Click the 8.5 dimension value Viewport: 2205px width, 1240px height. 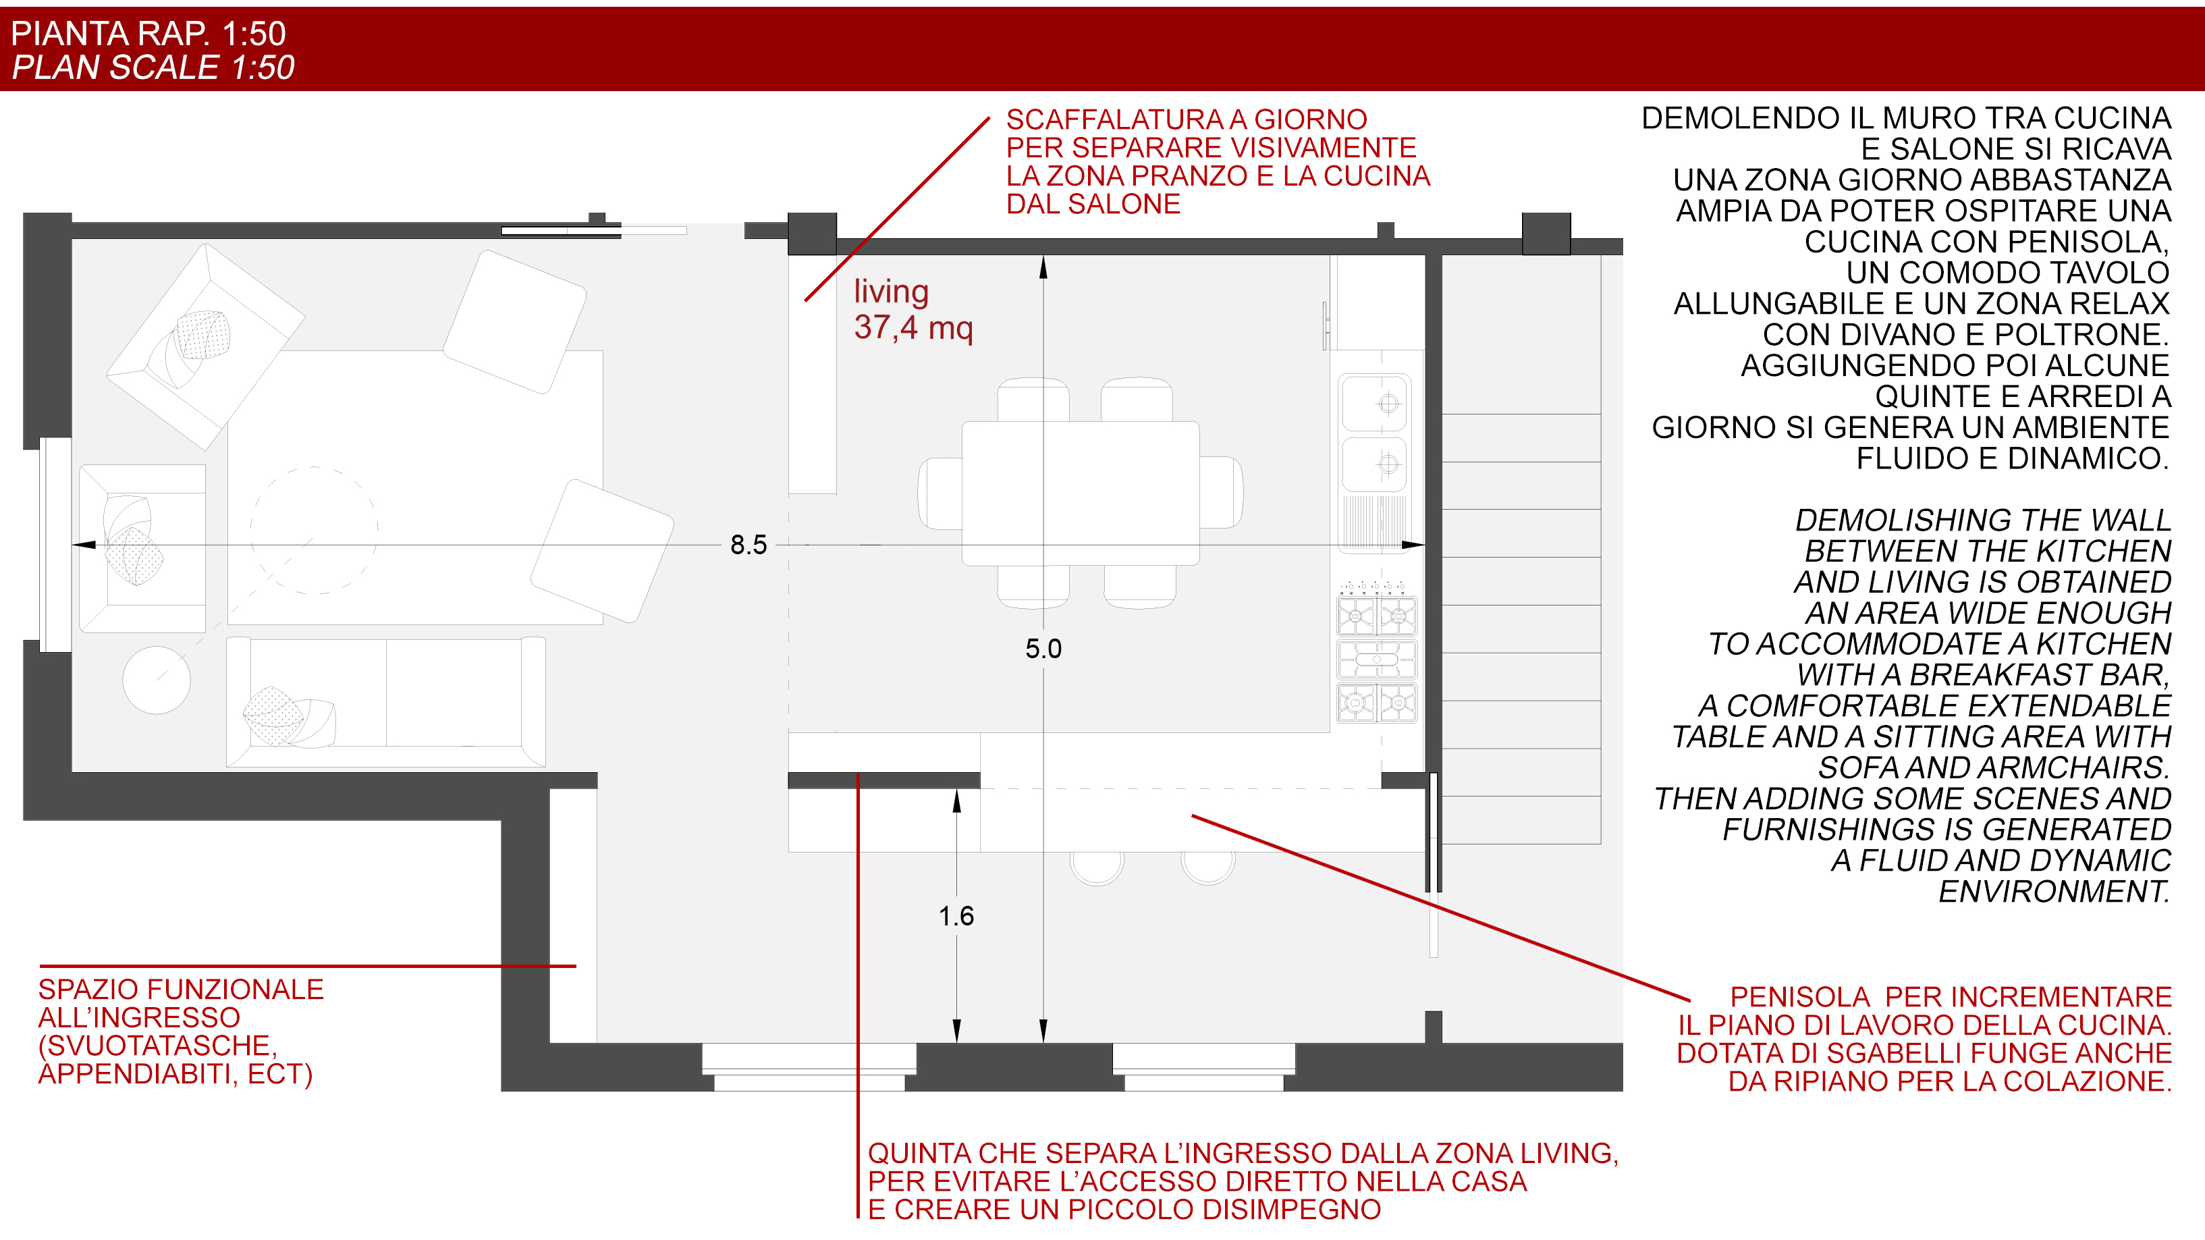pos(748,545)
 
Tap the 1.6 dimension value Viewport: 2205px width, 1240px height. pos(956,916)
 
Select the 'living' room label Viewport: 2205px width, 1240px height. pos(891,292)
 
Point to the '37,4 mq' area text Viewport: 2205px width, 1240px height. pos(913,328)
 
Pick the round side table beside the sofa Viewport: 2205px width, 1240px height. pos(157,680)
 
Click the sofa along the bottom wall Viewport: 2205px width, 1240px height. pos(385,702)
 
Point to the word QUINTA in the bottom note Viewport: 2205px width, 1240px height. pos(910,1154)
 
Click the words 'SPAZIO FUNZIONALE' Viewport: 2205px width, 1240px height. pos(181,990)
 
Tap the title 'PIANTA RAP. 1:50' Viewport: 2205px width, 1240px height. pos(148,33)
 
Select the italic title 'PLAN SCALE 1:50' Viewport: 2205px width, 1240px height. pos(153,68)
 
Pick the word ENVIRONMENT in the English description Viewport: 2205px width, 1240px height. pos(2054,892)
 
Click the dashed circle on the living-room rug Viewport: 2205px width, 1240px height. pos(314,530)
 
